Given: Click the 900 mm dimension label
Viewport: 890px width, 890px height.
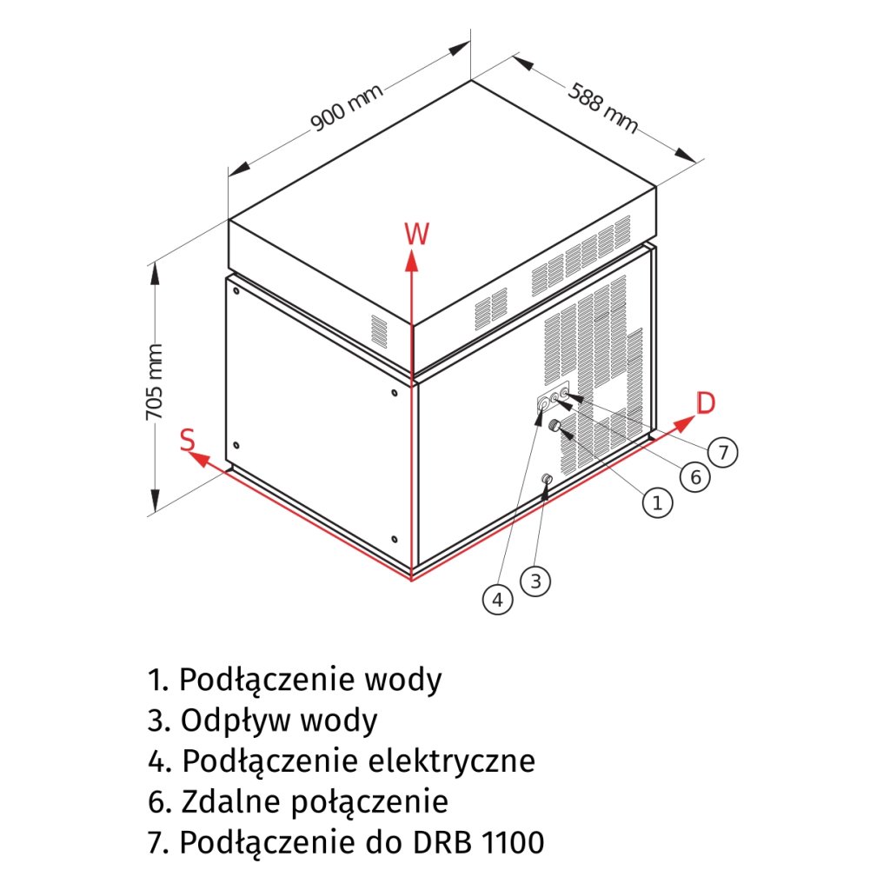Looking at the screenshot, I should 348,110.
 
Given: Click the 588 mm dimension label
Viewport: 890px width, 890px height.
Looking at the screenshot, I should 603,108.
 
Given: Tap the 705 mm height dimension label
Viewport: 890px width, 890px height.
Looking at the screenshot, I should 155,382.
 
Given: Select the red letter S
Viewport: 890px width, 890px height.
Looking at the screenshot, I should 188,439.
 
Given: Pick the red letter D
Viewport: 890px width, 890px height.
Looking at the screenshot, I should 706,402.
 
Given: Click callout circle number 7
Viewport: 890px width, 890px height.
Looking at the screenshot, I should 722,452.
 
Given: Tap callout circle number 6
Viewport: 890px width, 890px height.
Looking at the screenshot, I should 694,476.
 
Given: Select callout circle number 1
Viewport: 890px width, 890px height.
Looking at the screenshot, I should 657,501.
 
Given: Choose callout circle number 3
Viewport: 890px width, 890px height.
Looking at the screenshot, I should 535,580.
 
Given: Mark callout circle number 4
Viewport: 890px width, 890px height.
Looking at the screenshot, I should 497,599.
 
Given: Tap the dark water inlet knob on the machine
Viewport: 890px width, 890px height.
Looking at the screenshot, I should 553,425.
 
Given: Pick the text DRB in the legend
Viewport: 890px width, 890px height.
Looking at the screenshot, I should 443,841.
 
